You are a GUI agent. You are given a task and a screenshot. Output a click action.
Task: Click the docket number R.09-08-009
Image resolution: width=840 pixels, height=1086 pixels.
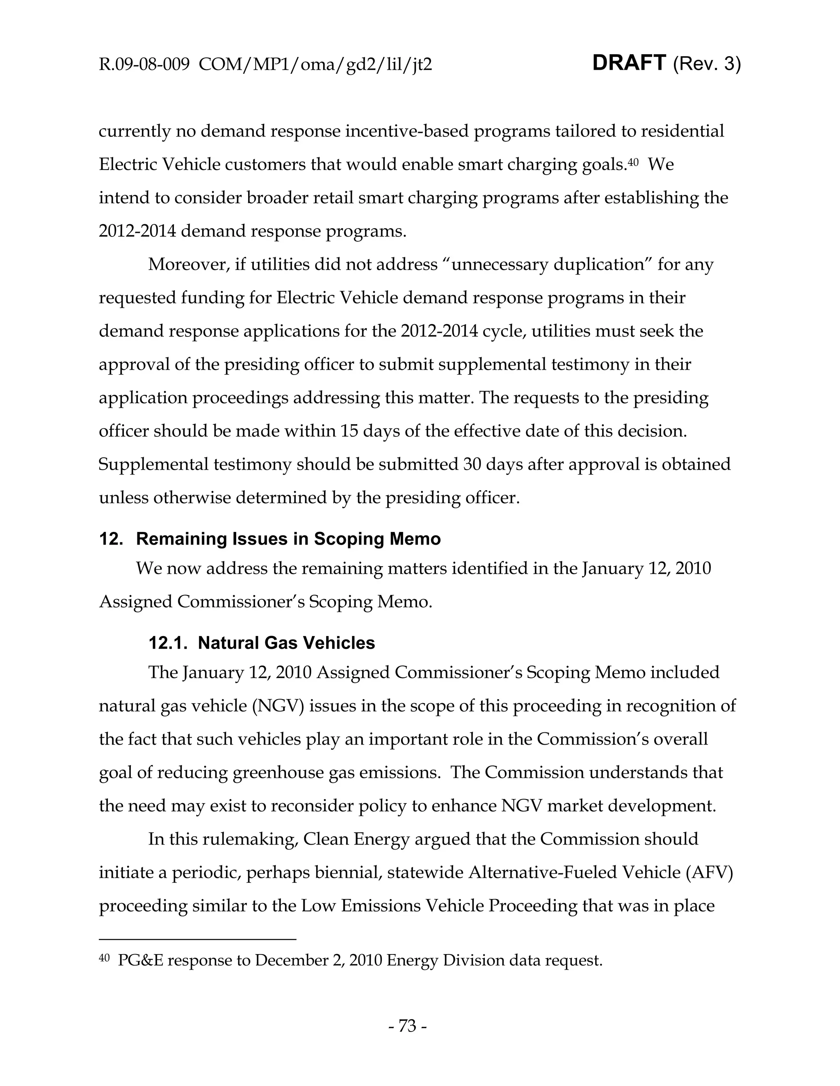(144, 65)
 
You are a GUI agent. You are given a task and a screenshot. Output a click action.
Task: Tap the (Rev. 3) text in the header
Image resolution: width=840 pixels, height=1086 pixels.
(707, 65)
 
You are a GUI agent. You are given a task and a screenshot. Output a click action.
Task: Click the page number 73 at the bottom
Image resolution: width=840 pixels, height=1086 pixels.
(407, 1026)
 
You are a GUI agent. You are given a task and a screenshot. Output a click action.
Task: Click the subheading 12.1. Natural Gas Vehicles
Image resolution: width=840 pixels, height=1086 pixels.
(262, 643)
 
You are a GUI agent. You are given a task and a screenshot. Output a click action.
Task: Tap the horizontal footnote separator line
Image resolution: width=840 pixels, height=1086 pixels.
(198, 939)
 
